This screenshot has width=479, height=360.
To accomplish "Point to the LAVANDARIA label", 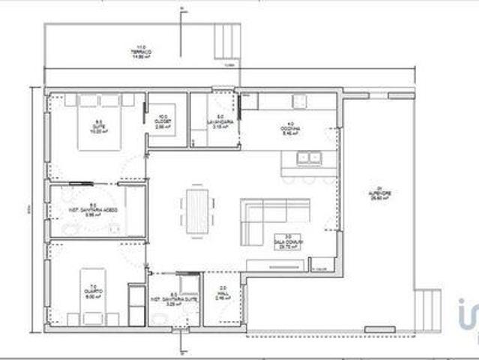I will [220, 123].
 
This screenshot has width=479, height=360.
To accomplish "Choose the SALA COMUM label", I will [286, 241].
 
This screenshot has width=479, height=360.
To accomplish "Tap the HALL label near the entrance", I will [223, 293].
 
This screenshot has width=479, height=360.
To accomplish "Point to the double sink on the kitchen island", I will [307, 157].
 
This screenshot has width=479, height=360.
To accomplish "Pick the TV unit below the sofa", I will [274, 264].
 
